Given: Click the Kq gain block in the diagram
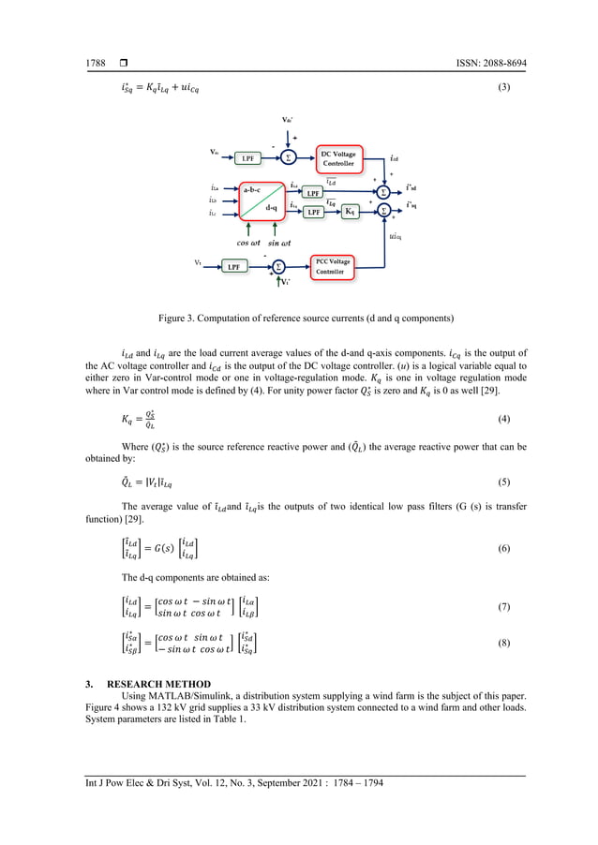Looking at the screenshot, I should pyautogui.click(x=351, y=213).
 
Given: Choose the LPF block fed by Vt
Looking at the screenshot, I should pyautogui.click(x=235, y=267).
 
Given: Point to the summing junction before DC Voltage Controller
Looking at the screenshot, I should pyautogui.click(x=289, y=157).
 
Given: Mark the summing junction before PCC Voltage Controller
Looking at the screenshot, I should pyautogui.click(x=278, y=267).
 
